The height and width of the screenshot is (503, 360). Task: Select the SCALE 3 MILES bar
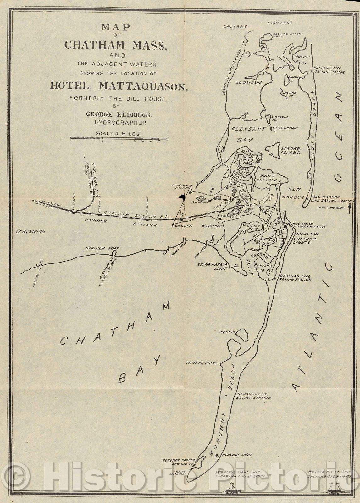point(119,138)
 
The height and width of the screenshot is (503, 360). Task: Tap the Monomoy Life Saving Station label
point(253,396)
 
